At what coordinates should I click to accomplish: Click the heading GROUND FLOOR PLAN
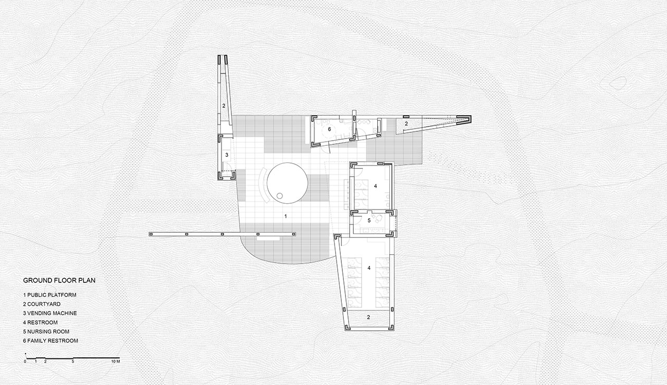pos(59,280)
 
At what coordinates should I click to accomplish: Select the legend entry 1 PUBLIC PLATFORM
pos(50,295)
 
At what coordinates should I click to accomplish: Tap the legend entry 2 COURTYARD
pos(42,304)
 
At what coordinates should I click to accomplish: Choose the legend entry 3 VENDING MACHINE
pos(50,313)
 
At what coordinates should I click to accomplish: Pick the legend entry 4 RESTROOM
pos(41,322)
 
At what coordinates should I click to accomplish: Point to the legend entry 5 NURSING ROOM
pos(46,332)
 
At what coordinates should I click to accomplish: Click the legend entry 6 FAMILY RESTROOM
pos(51,341)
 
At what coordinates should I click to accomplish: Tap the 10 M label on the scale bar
pos(116,362)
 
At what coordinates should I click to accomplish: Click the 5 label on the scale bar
pos(73,362)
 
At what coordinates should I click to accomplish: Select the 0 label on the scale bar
pos(25,362)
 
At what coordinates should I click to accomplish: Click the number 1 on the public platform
pos(286,217)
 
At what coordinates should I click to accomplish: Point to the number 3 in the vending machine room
pos(227,155)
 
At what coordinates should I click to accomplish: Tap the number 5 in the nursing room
pos(369,221)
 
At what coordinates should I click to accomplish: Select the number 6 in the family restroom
pos(329,129)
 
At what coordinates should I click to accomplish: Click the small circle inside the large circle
pos(280,196)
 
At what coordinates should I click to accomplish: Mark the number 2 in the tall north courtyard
pos(224,106)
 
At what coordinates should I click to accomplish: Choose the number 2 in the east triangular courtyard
pos(406,123)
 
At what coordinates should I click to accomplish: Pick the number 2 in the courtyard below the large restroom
pos(368,317)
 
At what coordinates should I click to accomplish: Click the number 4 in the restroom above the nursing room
pos(376,186)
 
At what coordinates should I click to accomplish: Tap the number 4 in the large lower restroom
pos(369,268)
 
